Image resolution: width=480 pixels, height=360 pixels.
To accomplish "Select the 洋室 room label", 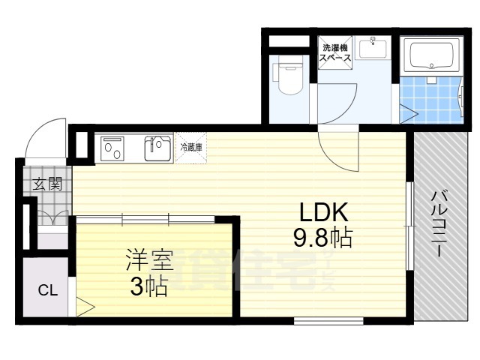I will [x=148, y=262].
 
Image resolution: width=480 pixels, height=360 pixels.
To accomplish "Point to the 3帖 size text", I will [x=148, y=286].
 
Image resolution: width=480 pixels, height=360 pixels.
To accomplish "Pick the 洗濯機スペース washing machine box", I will [x=335, y=52].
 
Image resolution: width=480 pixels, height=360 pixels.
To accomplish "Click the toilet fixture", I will [x=287, y=78].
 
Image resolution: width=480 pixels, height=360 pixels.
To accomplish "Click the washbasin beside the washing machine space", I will [x=372, y=49].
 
